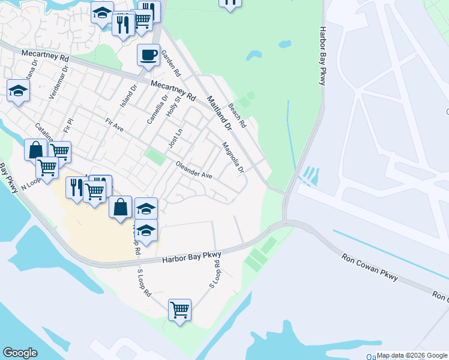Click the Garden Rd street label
(174, 66)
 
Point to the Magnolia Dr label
(233, 157)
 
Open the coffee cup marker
(148, 56)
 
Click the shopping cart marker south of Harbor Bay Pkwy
(179, 310)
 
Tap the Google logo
(20, 353)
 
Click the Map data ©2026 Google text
(412, 356)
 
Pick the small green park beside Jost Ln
(155, 157)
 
